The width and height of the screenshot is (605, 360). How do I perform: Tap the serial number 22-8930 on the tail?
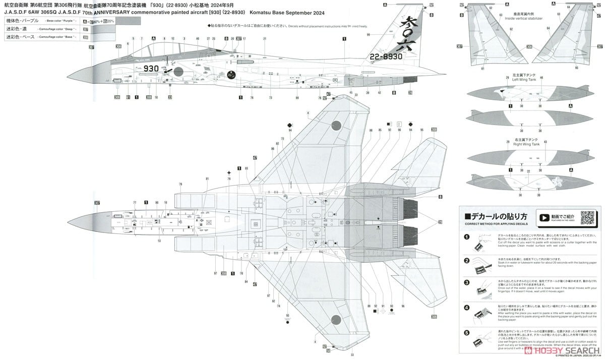(x=385, y=56)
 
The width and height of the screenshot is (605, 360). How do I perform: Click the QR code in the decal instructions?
(x=587, y=217)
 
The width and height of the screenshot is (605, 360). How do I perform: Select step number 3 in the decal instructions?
(x=466, y=282)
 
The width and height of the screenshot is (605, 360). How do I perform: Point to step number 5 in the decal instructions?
(x=466, y=332)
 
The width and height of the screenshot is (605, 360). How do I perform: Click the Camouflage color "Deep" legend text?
(x=59, y=29)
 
